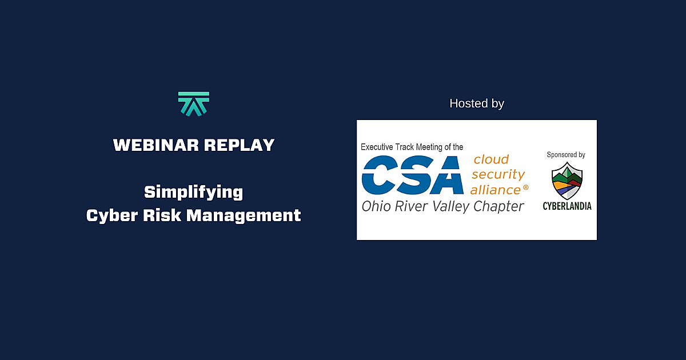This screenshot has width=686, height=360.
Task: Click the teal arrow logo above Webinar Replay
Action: tap(194, 104)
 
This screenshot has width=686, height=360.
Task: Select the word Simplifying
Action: tap(194, 192)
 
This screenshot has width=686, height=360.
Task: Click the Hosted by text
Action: tap(477, 103)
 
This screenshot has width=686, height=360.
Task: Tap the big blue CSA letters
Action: tap(413, 175)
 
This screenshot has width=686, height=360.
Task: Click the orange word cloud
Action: tap(491, 159)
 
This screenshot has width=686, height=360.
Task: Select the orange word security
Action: tap(498, 175)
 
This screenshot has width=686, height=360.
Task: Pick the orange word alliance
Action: tap(495, 190)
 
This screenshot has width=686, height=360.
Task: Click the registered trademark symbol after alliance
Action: tap(525, 187)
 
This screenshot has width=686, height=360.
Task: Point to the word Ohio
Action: tap(374, 206)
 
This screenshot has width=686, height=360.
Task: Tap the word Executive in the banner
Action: tap(380, 147)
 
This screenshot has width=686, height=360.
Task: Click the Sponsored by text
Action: tap(566, 154)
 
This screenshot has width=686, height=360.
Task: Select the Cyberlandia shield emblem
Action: tap(567, 180)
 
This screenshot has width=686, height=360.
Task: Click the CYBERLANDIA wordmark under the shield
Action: tap(567, 206)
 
